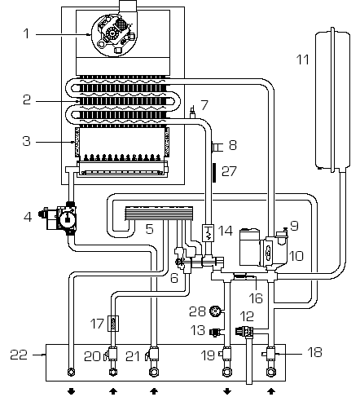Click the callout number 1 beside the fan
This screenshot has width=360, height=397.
pos(26,33)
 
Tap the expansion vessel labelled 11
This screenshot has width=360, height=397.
pos(332,99)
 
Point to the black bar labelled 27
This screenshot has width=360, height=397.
pos(214,173)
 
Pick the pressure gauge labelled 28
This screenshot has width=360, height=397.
pos(216,311)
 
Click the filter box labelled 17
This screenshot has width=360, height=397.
pos(113,324)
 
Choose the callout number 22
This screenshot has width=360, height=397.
pos(19,355)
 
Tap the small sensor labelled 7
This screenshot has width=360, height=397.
pos(193,112)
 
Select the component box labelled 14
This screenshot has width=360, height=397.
pos(209,232)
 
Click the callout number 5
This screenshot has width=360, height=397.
pos(150,229)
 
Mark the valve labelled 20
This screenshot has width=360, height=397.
pos(112,355)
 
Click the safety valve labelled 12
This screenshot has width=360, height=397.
pos(244,331)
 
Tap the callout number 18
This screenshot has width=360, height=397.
pos(314,352)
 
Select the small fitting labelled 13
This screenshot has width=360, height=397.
pos(216,332)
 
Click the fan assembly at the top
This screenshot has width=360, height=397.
pos(113,33)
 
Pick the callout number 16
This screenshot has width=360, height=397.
pos(256,298)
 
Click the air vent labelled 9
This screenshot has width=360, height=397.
pos(282,234)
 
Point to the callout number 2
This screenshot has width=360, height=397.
pos(27,100)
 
